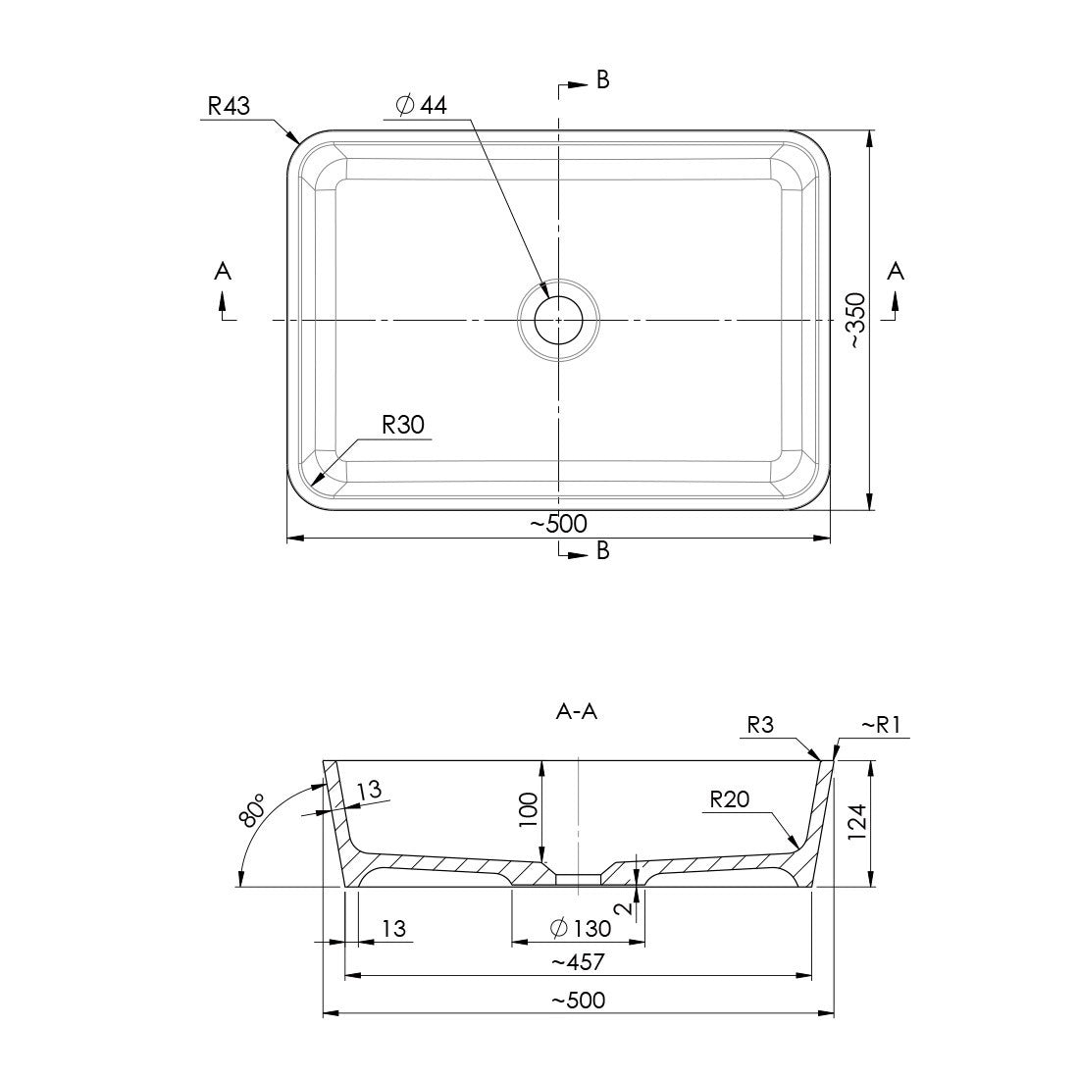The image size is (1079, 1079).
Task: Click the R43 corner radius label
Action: click(x=229, y=105)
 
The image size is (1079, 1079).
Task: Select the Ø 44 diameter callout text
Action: click(x=421, y=106)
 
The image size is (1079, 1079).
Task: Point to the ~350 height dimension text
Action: click(x=855, y=321)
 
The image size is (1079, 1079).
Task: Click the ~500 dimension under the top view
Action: click(x=558, y=524)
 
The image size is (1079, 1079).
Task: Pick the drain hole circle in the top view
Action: click(x=558, y=319)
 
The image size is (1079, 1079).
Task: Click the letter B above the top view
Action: click(x=603, y=80)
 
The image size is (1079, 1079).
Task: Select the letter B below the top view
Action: click(x=603, y=551)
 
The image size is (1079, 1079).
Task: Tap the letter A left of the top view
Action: click(x=223, y=271)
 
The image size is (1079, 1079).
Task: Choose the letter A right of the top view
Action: click(x=895, y=271)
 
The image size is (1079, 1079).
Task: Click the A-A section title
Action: click(x=577, y=713)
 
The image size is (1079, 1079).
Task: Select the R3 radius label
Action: click(x=761, y=726)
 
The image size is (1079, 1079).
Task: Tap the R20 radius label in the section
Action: click(x=730, y=799)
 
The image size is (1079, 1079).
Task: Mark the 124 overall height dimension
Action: click(x=855, y=823)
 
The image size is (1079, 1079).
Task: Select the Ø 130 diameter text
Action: click(x=581, y=927)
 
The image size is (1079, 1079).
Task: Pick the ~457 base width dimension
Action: click(x=578, y=963)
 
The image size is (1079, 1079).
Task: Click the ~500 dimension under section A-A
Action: click(x=578, y=1001)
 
